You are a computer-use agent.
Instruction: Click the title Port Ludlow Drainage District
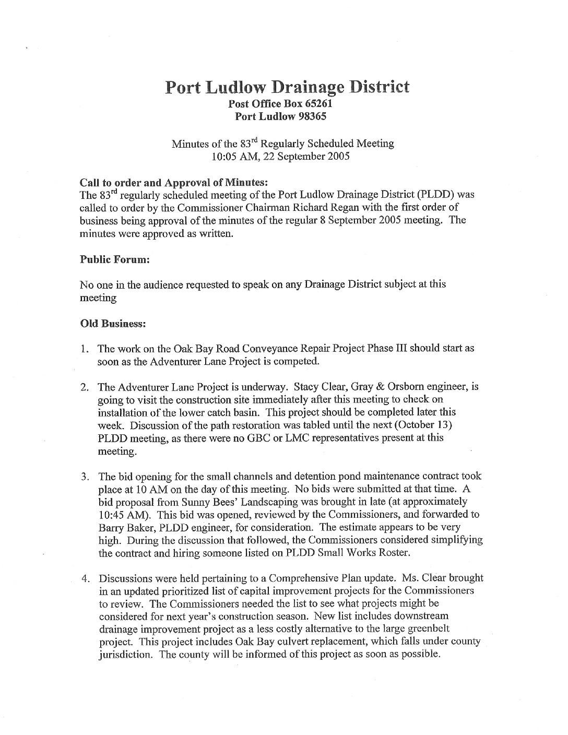pyautogui.click(x=287, y=87)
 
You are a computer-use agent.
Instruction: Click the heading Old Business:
pyautogui.click(x=112, y=324)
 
